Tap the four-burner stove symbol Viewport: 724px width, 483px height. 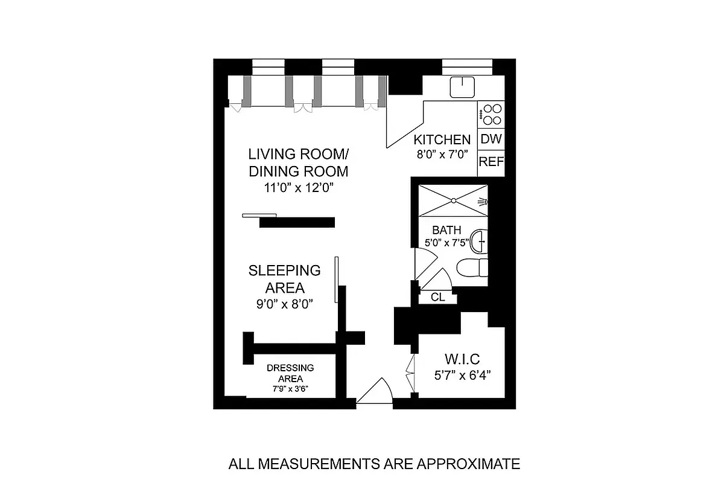491,114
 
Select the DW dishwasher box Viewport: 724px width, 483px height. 491,139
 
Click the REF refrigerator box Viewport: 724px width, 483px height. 491,162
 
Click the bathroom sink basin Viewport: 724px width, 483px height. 479,241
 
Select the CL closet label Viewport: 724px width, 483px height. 438,297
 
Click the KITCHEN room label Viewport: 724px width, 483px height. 442,139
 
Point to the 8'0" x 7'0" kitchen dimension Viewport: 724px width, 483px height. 442,153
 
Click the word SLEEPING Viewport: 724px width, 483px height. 284,270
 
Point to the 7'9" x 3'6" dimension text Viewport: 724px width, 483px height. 290,389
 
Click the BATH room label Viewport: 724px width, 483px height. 446,230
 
